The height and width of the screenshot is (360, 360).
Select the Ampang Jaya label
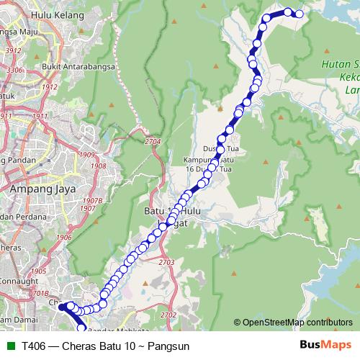pyautogui.click(x=38, y=189)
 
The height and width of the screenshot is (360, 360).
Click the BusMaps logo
pyautogui.click(x=325, y=346)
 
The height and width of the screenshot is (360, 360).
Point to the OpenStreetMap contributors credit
pyautogui.click(x=297, y=322)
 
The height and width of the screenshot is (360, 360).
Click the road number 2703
pyautogui.click(x=167, y=263)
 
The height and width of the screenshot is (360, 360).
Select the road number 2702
pyautogui.click(x=168, y=315)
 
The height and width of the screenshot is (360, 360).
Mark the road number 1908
pyautogui.click(x=99, y=166)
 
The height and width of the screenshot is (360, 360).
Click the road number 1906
pyautogui.click(x=64, y=237)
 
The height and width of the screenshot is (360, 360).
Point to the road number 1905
pyautogui.click(x=38, y=271)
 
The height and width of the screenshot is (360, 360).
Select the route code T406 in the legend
pyautogui.click(x=35, y=346)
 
